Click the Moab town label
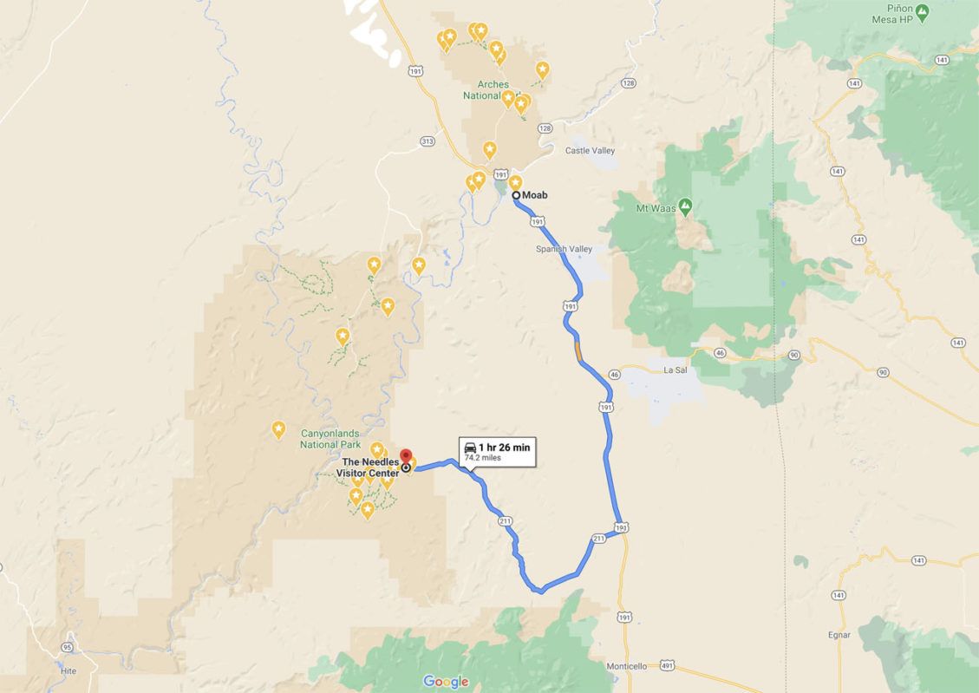tap(535, 195)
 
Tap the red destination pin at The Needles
tap(406, 456)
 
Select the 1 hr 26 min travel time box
tap(497, 451)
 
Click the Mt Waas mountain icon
tap(685, 206)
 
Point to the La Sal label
tap(675, 370)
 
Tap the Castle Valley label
tap(590, 151)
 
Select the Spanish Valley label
tap(564, 250)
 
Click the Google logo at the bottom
tap(446, 682)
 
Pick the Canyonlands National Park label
tap(330, 439)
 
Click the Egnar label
tap(839, 635)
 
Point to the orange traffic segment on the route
tap(578, 350)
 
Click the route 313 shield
tap(426, 141)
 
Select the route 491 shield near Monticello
tap(666, 665)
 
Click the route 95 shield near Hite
tap(67, 647)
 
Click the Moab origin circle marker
tap(516, 195)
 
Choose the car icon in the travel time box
tap(470, 448)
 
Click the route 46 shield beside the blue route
tap(614, 374)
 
